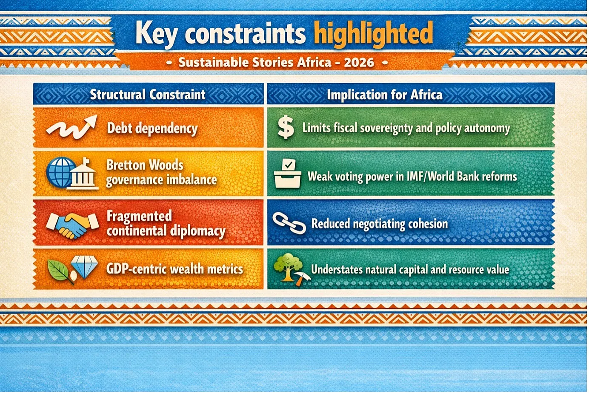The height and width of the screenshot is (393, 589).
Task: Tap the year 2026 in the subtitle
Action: point(359,63)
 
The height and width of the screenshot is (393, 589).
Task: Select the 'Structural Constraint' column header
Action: point(148,94)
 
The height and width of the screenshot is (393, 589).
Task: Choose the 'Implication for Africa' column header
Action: point(384,95)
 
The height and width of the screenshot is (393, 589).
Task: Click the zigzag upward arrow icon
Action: point(71,127)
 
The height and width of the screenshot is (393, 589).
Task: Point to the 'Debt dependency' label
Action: point(152,129)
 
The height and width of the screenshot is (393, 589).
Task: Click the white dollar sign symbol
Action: point(286,128)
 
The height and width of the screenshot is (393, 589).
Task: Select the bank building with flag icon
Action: point(83,173)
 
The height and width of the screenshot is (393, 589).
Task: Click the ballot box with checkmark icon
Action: point(287,174)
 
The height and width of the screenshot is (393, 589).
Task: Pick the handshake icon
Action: point(73,225)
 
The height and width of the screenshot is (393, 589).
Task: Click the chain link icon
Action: point(289,223)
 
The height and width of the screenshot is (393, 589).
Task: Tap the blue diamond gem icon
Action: point(84,266)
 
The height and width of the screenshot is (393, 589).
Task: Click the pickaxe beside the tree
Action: point(301,279)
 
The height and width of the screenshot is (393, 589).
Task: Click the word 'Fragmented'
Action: point(139,216)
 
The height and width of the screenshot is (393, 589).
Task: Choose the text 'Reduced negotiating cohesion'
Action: point(379,224)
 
